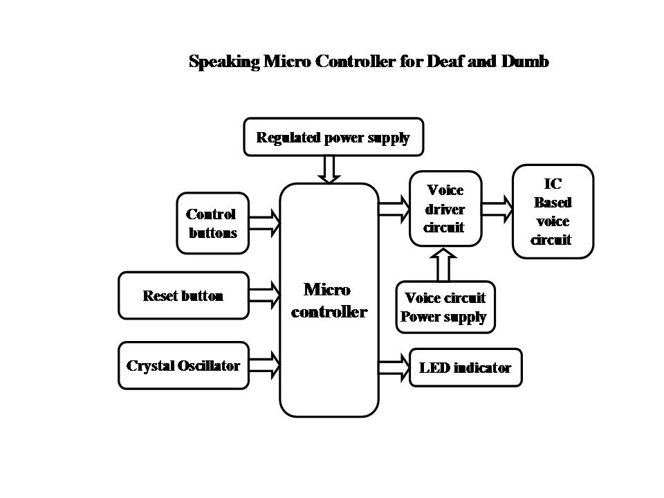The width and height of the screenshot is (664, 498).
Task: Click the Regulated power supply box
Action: tap(333, 137)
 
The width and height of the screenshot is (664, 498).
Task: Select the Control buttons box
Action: tap(212, 223)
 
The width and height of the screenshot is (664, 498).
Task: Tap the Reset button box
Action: tap(183, 296)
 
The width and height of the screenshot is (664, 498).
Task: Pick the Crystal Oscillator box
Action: tap(183, 365)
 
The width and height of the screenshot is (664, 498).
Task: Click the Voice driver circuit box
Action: tap(445, 209)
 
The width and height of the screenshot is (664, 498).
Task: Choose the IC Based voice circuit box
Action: tap(553, 212)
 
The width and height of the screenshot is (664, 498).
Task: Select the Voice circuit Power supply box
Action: tap(445, 308)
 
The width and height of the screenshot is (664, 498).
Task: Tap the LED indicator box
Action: tap(465, 367)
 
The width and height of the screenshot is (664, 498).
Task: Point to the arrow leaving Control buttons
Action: tap(264, 223)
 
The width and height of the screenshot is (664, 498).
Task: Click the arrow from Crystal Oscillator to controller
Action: tap(264, 365)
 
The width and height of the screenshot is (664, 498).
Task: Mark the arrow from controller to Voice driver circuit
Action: tap(394, 208)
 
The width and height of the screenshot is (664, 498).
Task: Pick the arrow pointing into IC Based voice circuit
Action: tap(497, 208)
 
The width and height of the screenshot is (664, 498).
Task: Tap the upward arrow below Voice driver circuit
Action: tap(445, 264)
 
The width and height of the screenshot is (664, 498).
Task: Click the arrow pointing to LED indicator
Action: tap(394, 367)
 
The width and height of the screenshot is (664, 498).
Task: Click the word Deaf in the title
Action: tap(450, 62)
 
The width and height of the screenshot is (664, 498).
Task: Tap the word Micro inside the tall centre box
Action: tap(327, 289)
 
